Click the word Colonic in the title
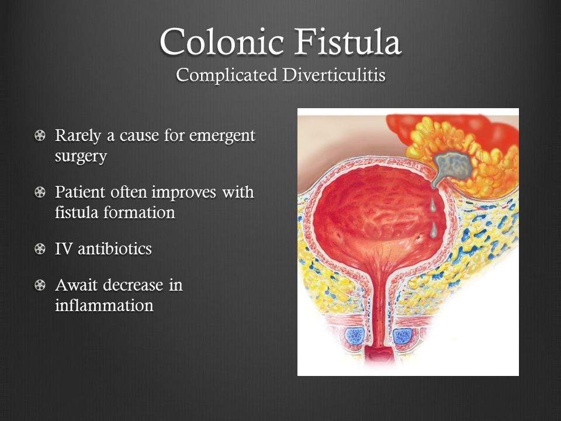[x=222, y=42]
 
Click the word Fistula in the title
[x=347, y=42]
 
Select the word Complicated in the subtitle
[x=227, y=75]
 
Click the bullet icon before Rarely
[x=40, y=135]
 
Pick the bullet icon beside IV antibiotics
[x=40, y=249]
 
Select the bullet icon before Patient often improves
[x=40, y=192]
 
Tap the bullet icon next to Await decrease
[x=40, y=285]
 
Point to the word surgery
[x=81, y=157]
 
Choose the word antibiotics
[x=115, y=249]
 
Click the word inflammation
[x=104, y=305]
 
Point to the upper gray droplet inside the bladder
[x=432, y=205]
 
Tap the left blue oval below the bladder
[x=354, y=336]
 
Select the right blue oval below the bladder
[x=403, y=336]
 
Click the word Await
[x=77, y=285]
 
